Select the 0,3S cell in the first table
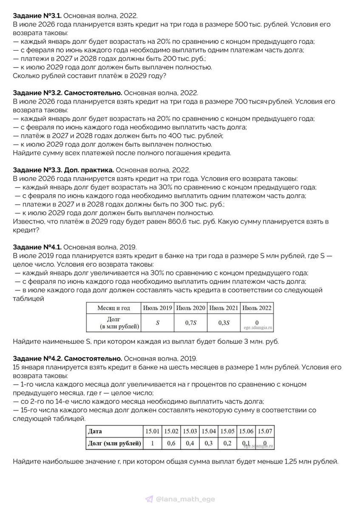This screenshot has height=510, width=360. pos(224,323)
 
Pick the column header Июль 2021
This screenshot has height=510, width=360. pos(224,308)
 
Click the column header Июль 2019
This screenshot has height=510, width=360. pos(158,308)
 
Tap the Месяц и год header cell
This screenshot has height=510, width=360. pos(113,308)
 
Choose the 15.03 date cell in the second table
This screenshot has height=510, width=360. pos(190,431)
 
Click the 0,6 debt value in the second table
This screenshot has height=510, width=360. pos(171,443)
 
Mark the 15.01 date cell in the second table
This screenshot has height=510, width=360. pos(153,431)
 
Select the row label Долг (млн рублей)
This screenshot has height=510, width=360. pos(114,443)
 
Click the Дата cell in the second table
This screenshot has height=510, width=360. pos(95,431)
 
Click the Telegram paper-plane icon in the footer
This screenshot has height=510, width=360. pos(149,499)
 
